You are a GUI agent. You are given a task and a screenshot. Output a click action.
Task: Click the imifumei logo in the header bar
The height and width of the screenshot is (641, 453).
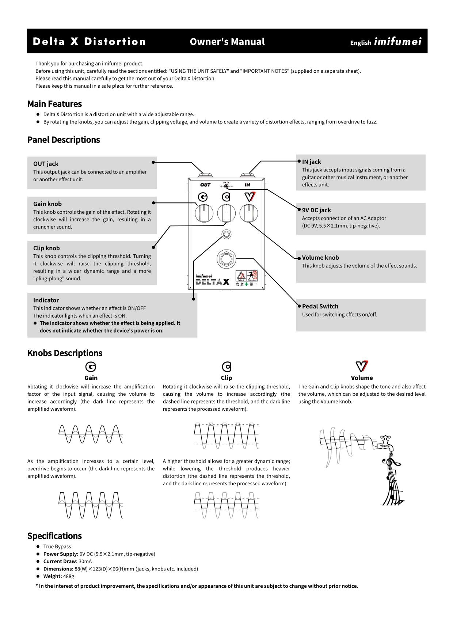pos(397,42)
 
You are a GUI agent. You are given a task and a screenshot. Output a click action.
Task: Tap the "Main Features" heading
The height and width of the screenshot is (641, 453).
pos(54,104)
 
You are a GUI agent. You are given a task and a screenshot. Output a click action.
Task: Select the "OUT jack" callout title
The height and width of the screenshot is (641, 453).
pos(46,164)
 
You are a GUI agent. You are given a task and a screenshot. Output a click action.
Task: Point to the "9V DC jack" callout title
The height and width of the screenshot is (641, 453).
pos(316,210)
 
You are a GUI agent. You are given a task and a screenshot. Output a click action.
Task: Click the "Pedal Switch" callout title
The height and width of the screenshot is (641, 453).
pos(320,306)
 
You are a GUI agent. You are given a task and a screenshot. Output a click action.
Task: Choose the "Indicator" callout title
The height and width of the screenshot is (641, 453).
pos(46,300)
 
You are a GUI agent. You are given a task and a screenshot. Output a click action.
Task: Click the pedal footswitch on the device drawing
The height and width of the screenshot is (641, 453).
pos(226,259)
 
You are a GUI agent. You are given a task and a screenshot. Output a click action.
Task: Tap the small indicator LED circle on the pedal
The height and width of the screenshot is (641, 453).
pos(226,234)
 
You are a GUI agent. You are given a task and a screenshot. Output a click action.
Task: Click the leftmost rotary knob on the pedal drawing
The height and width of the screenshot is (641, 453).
pos(204,213)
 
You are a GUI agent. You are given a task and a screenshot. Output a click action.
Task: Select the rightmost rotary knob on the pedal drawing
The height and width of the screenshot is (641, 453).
pos(249,213)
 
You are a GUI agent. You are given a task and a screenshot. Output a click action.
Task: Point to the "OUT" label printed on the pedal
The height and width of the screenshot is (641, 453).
pos(205,185)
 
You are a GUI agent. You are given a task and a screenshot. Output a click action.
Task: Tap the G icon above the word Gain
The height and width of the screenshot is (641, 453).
pos(91,367)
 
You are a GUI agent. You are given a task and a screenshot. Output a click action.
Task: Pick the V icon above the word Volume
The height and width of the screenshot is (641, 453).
pos(362,366)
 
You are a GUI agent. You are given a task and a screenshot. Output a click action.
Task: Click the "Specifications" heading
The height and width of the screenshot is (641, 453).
pos(54,536)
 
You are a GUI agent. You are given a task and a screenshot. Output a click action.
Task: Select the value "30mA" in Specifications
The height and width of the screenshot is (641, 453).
pos(85,561)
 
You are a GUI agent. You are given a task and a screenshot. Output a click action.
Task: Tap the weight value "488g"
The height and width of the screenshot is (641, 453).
pos(69,576)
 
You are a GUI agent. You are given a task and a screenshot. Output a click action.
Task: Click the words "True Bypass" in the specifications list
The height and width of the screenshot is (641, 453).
pos(57,547)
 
